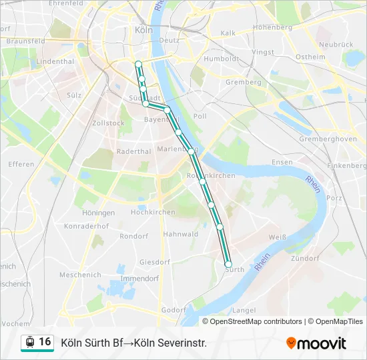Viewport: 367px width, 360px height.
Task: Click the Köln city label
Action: coord(143,30)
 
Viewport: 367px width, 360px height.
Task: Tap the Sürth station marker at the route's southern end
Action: coord(228,264)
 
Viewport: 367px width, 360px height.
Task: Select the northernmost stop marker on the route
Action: coord(138,64)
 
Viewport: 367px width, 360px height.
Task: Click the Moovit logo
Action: coord(316,343)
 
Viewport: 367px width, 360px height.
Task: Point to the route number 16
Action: coord(45,342)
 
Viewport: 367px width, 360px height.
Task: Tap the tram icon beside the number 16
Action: coord(29,343)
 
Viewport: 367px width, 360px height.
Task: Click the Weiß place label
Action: coord(277,237)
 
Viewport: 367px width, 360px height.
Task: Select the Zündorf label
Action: coord(306,257)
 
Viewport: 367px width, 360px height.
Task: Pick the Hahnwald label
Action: coord(181,234)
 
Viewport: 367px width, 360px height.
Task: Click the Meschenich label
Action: coord(80,275)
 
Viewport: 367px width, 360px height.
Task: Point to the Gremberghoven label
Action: coord(328,139)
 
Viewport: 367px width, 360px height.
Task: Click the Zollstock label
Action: coord(108,123)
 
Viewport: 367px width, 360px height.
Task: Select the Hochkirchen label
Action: coord(153,212)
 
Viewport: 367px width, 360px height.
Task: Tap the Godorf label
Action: coord(173,310)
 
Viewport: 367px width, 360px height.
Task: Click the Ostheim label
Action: coord(310,57)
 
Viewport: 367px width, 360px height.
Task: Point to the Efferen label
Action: coord(21,164)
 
